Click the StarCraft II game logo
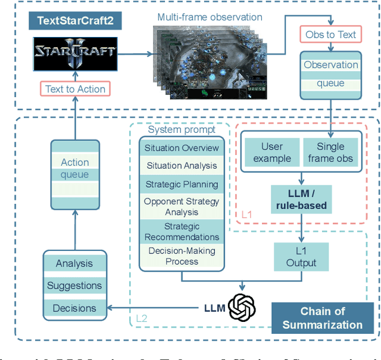point(74,52)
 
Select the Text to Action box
point(75,89)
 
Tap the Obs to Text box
point(330,35)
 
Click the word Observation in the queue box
point(331,65)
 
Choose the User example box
point(272,152)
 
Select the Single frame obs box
point(330,152)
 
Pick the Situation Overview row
point(182,148)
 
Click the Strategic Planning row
point(182,185)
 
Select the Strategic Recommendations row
point(182,232)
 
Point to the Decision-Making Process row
point(182,256)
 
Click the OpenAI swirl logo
point(242,308)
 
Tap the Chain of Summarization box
point(322,318)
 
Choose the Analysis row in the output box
point(74,263)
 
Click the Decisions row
point(74,308)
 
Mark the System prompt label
point(182,129)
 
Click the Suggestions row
point(74,286)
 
